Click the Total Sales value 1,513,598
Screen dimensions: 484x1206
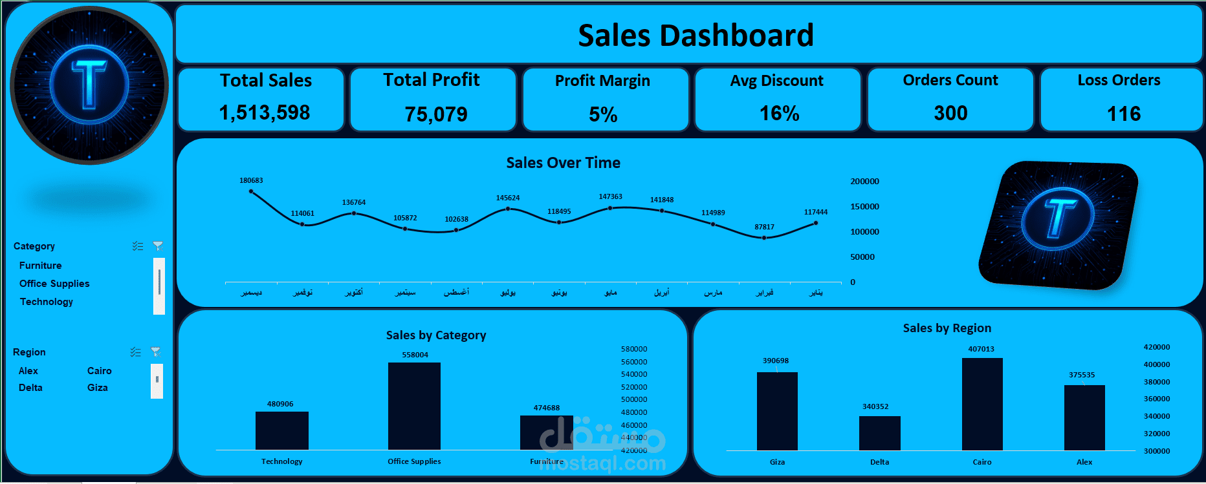(265, 112)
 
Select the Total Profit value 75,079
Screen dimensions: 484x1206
(436, 114)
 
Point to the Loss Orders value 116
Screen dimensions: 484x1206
(1124, 114)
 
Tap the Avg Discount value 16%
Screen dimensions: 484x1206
(779, 114)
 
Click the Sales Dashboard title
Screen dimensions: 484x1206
(696, 36)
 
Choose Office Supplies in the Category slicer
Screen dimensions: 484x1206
(54, 284)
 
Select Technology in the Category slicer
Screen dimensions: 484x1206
(47, 302)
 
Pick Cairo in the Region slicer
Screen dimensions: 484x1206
(100, 371)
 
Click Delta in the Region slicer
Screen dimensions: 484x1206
(30, 388)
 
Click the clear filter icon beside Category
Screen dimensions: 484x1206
(158, 246)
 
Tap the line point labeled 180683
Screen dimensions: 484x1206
(251, 191)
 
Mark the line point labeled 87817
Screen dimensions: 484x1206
(764, 238)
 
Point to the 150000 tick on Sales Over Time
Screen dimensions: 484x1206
(864, 207)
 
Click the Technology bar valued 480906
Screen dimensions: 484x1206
(281, 430)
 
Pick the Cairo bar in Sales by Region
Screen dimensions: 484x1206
(982, 404)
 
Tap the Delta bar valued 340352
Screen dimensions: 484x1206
(879, 433)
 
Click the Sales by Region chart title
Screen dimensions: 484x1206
(947, 328)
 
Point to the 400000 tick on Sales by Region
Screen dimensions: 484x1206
(1156, 364)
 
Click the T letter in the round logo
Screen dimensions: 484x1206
(89, 83)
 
